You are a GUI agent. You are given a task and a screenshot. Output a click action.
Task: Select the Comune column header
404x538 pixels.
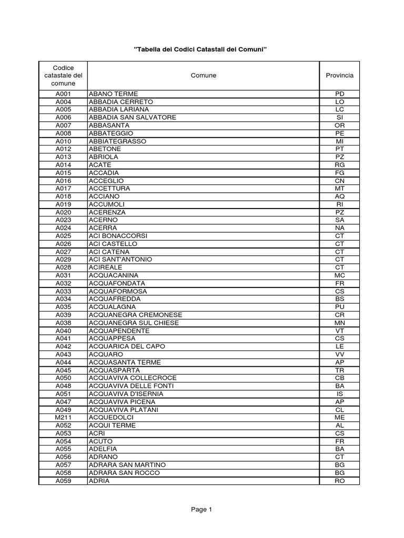(203, 76)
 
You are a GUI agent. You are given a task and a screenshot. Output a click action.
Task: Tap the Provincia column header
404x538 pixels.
(339, 76)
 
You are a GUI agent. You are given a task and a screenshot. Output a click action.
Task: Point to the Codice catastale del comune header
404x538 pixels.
(63, 76)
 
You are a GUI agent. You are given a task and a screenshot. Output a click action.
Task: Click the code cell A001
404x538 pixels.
(63, 94)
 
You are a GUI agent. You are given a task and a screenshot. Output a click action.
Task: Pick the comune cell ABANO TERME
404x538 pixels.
(113, 94)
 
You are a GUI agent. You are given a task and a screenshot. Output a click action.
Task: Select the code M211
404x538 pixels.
(63, 418)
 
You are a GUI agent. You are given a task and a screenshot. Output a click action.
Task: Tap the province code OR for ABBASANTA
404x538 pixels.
(339, 126)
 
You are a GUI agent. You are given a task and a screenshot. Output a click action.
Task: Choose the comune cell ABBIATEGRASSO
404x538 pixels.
(118, 141)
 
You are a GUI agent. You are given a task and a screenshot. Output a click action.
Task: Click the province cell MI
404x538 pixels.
(339, 141)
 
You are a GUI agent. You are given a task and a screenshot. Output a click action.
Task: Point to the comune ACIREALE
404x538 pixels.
(106, 267)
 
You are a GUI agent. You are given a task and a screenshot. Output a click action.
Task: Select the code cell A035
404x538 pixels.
(63, 307)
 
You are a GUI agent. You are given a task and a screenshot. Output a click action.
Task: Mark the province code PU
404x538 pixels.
(339, 307)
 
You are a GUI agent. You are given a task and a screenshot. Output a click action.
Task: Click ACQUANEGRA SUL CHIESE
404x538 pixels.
(134, 323)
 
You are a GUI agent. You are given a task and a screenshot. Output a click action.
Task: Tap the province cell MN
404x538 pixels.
(339, 323)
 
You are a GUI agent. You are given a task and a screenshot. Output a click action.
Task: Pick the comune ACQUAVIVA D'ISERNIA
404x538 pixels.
(126, 394)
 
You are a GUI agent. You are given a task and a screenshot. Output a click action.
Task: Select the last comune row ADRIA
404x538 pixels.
(99, 481)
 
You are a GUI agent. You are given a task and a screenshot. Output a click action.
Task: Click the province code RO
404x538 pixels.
(339, 481)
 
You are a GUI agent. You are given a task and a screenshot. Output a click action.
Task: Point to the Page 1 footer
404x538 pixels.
(201, 509)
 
